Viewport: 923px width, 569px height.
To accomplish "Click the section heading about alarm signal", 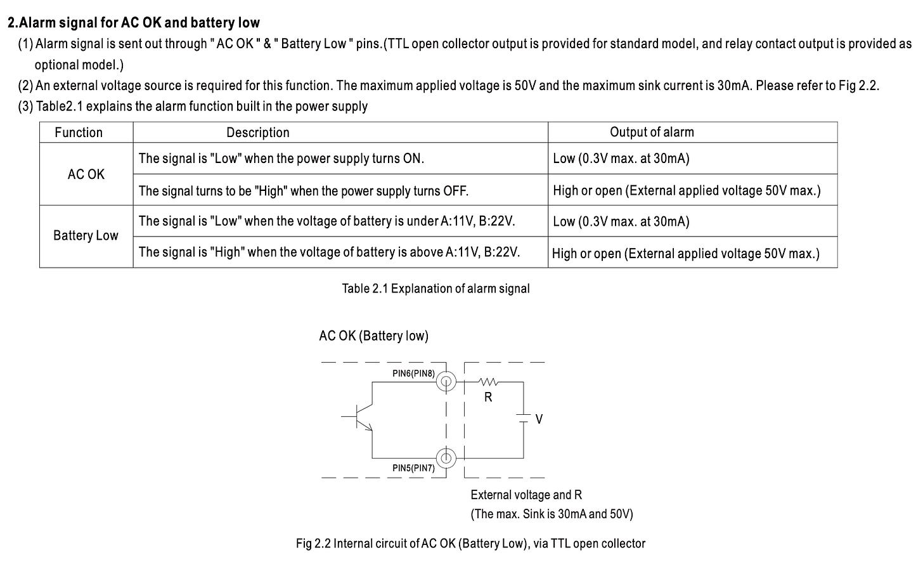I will [133, 23].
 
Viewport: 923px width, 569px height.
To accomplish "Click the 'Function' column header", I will [79, 133].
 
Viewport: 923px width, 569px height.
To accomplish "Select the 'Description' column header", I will [257, 133].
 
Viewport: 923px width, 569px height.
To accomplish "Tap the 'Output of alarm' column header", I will [652, 132].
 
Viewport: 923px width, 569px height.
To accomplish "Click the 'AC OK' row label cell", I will [86, 174].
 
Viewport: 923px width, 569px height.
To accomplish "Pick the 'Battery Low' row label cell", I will [86, 236].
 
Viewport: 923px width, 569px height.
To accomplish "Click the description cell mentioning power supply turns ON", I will [281, 159].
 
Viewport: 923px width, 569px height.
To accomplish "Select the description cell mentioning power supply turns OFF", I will [303, 190].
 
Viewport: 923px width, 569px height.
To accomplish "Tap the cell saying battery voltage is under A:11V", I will [326, 221].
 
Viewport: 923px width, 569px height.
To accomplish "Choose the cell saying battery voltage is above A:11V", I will [329, 252].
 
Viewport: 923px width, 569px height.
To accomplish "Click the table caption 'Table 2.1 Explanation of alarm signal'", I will [436, 289].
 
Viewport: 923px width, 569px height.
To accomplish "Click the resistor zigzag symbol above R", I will [488, 382].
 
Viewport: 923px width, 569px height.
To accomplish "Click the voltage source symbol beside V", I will [523, 418].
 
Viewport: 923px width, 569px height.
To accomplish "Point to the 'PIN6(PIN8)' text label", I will [413, 374].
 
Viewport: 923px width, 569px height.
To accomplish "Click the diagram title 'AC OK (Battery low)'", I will [373, 336].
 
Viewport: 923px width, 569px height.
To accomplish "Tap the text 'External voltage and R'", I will [526, 495].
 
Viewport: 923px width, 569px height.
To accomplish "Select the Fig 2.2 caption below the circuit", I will [470, 544].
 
